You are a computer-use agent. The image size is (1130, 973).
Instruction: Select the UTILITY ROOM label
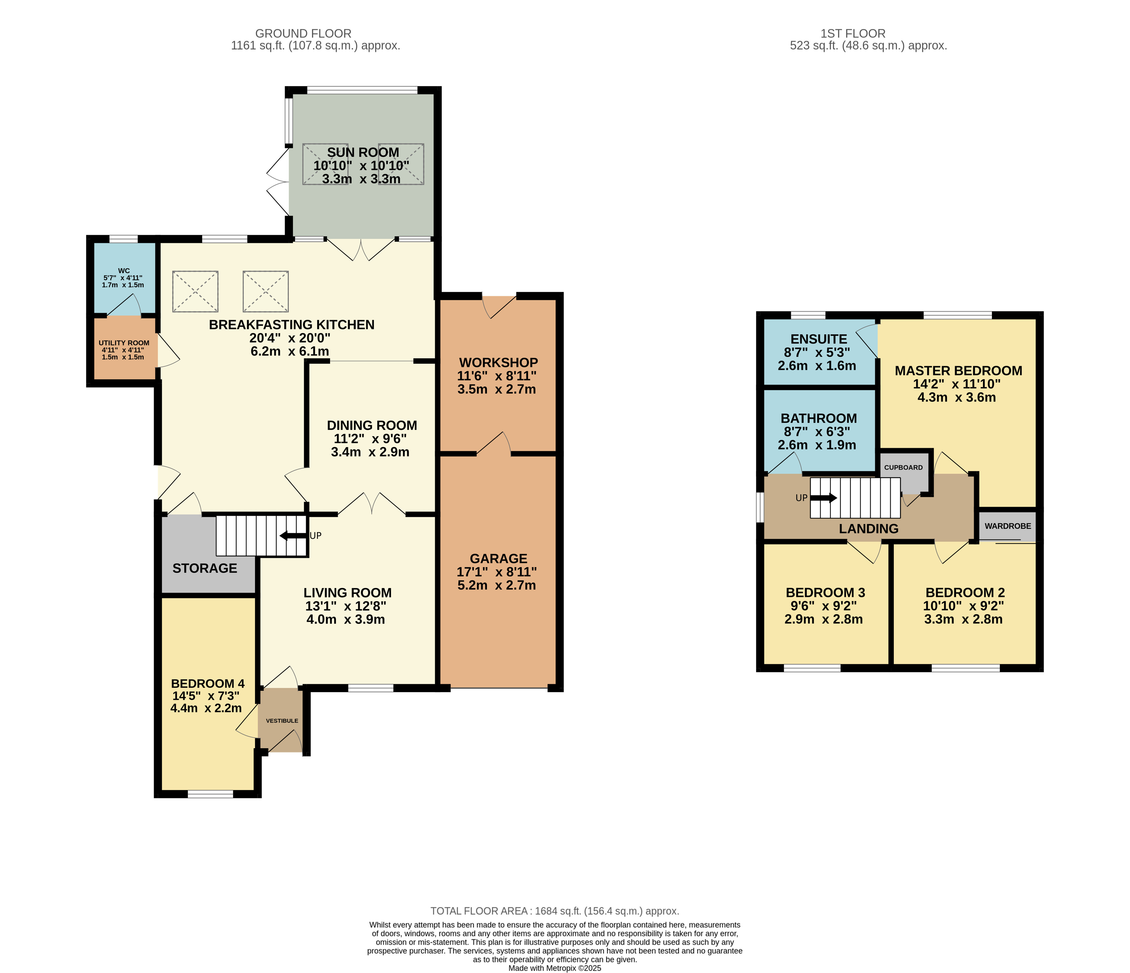pos(124,343)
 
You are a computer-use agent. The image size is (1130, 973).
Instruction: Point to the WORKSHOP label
pos(498,363)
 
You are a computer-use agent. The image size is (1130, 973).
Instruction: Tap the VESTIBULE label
pos(282,720)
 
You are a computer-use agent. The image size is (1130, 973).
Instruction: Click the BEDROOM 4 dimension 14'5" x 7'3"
pos(206,696)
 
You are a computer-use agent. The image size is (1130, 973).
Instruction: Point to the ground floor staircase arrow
pos(293,536)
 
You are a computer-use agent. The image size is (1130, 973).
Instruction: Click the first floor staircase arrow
pos(824,497)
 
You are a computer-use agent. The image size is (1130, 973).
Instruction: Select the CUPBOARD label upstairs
pos(904,467)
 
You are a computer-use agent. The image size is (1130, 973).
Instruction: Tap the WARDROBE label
pos(1008,526)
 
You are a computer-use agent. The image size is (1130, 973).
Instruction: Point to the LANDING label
pos(869,528)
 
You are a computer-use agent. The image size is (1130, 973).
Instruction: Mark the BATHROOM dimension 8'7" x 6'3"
pos(817,432)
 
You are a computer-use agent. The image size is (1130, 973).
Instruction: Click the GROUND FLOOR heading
pos(303,33)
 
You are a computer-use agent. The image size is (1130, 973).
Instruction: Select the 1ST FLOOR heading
pos(853,33)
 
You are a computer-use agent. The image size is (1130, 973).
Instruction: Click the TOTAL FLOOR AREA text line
pos(555,911)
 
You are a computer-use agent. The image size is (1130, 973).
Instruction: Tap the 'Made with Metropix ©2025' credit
pos(555,968)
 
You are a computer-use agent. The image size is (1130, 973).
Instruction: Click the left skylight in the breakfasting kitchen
pos(195,291)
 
